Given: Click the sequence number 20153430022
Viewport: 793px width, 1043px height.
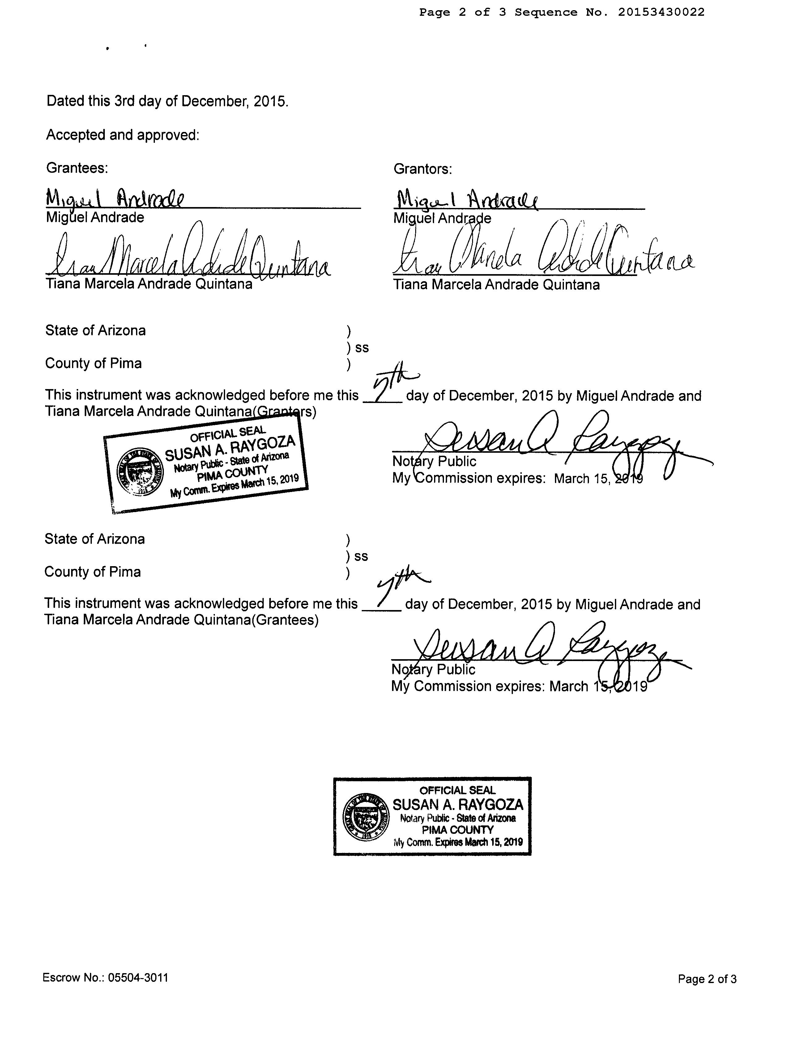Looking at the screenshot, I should click(661, 12).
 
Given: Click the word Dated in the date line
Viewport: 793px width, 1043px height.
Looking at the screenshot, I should click(61, 101).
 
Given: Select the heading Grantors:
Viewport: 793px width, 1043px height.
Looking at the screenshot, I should click(422, 169).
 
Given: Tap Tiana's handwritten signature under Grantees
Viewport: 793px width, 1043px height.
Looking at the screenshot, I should click(189, 257).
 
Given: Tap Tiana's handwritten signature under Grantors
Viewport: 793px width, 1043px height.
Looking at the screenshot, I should click(543, 255).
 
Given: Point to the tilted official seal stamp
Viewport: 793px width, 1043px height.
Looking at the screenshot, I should click(206, 464).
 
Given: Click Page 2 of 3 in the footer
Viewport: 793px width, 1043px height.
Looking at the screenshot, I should click(707, 979).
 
